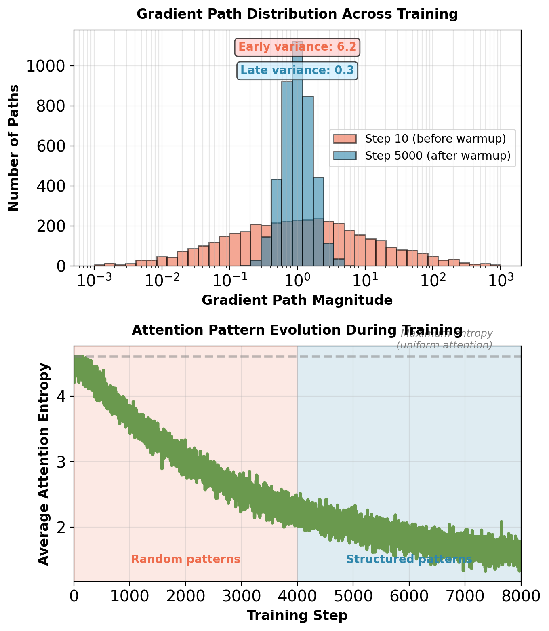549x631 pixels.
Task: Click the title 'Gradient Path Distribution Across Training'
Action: click(x=297, y=14)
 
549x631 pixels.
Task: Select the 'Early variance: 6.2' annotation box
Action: click(x=297, y=47)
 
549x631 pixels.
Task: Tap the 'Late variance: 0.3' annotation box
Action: click(x=297, y=71)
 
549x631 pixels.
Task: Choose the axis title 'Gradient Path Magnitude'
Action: click(x=297, y=300)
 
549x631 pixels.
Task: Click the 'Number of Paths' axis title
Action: click(x=14, y=148)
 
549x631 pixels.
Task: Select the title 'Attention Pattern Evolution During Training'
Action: click(x=297, y=330)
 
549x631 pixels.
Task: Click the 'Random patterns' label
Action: click(x=185, y=559)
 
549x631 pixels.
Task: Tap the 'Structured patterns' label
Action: click(x=409, y=559)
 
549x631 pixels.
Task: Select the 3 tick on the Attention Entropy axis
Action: click(x=61, y=462)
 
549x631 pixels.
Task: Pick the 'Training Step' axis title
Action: click(x=297, y=616)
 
